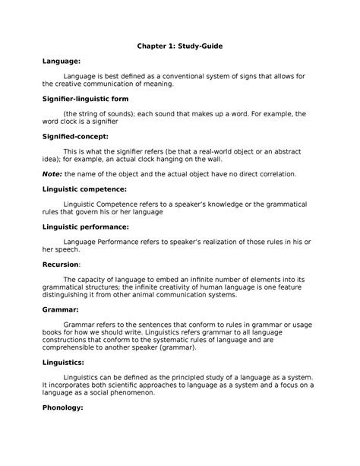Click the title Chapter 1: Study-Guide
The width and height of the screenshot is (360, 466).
pos(179,46)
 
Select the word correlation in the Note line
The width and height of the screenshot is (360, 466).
pos(274,173)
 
